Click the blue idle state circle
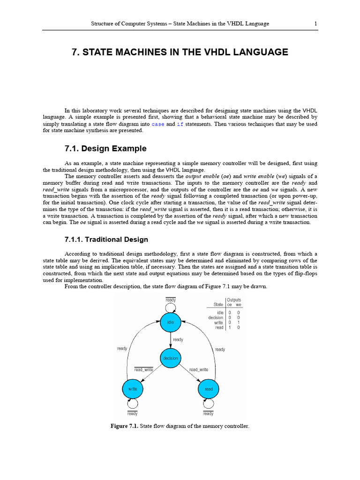170,322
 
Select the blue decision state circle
170,358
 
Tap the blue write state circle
132,389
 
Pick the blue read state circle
209,389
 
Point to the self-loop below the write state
132,404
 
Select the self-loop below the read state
209,404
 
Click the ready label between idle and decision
178,339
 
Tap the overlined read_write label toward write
144,370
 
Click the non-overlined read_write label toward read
199,370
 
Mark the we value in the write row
239,322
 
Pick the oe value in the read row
229,328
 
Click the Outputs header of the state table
234,300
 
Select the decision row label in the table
216,317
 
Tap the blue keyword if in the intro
180,124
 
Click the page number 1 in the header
315,23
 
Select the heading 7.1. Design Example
105,149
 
